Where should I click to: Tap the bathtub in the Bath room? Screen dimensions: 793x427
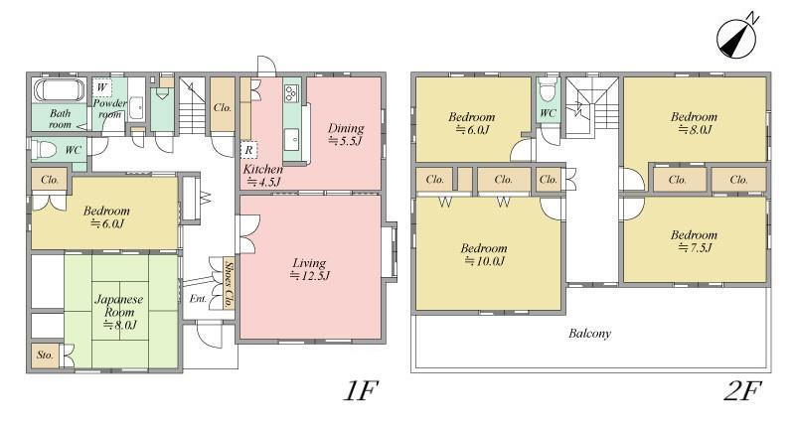tap(60, 90)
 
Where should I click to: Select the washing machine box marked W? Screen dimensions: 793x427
tap(101, 88)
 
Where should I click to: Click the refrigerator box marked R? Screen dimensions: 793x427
tap(248, 150)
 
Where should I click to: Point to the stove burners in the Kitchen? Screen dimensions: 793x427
tap(292, 93)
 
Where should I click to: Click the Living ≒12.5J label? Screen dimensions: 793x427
tap(309, 269)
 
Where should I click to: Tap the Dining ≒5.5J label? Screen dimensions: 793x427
tap(346, 134)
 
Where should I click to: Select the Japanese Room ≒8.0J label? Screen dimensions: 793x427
tap(119, 312)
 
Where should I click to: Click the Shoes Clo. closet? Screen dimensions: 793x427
tap(229, 283)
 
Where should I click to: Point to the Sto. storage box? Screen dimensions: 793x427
tap(46, 356)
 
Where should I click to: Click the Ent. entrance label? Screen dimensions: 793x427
tap(199, 299)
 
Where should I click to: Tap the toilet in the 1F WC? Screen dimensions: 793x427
tap(44, 150)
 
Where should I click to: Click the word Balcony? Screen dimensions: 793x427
tap(589, 334)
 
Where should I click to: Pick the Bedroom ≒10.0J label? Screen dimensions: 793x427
tap(484, 254)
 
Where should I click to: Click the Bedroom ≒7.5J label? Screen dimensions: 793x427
tap(694, 241)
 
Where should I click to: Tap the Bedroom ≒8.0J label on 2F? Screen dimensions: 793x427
tap(694, 123)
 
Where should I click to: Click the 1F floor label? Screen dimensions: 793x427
tap(361, 390)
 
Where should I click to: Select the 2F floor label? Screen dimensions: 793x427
tap(742, 390)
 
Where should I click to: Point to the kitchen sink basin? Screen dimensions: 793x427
tap(291, 139)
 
